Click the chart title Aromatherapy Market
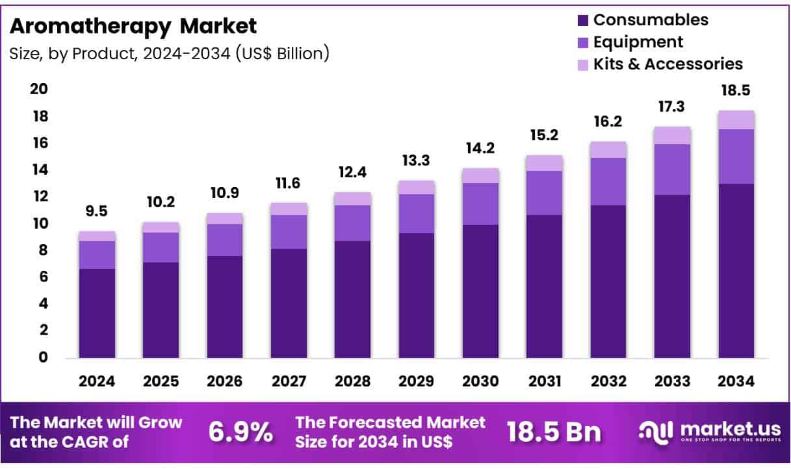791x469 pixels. [133, 26]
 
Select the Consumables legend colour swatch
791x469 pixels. [582, 20]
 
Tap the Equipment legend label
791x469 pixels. [638, 42]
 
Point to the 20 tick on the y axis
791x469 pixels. [40, 89]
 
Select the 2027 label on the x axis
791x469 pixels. [289, 382]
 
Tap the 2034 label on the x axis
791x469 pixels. [736, 382]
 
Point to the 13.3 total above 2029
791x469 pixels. [417, 160]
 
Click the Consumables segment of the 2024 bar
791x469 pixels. [97, 313]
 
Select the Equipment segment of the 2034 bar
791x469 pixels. [736, 157]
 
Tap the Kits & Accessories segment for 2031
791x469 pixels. [544, 163]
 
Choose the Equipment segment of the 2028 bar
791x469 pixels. [352, 223]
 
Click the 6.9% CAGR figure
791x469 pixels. [240, 432]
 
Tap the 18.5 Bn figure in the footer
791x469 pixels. [554, 432]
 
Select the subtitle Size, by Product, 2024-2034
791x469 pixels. [169, 53]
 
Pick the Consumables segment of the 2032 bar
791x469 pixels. [608, 281]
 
